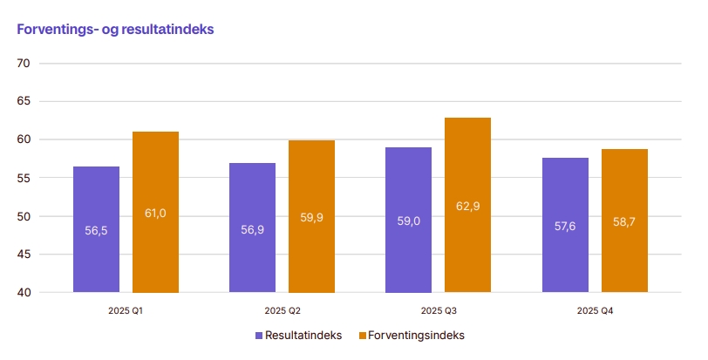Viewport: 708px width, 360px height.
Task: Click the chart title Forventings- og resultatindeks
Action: coord(116,30)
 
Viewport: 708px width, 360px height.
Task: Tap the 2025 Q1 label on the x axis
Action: coord(126,310)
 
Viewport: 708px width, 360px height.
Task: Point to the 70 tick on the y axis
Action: coord(24,64)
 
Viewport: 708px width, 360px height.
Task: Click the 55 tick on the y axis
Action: coord(24,178)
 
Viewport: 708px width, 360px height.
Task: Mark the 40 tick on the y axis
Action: coord(24,292)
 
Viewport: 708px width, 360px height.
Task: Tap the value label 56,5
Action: coord(96,230)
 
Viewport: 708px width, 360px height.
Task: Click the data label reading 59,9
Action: coord(311,218)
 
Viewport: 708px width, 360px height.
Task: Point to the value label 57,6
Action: coord(565,226)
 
